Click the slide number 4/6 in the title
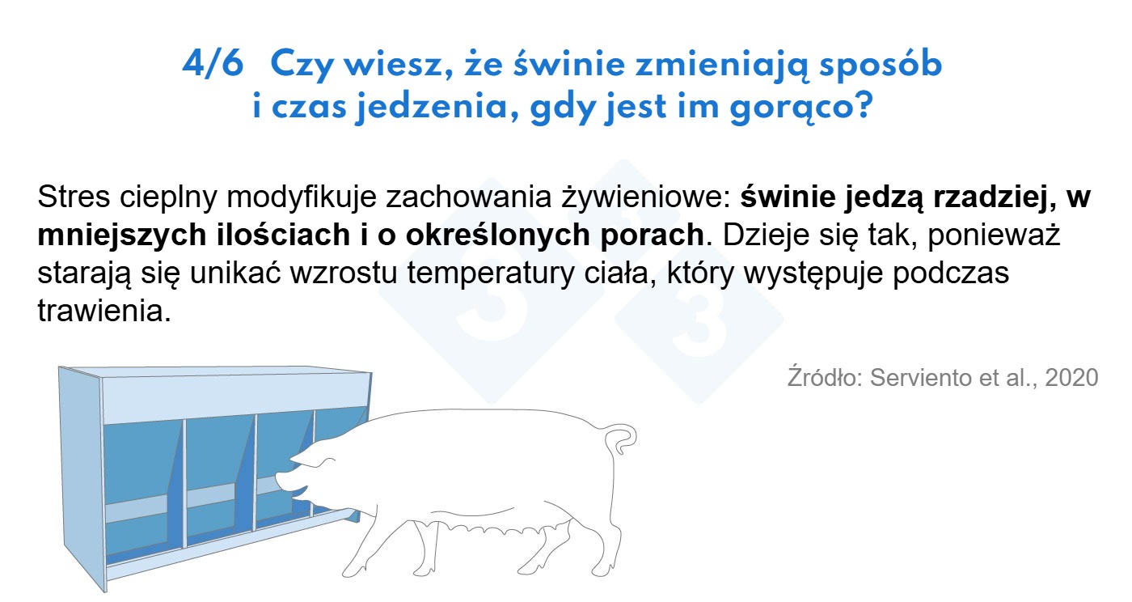[x=213, y=64]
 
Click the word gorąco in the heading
[x=793, y=108]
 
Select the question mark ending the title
[x=864, y=105]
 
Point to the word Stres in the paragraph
[x=74, y=197]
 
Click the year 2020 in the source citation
[x=1072, y=377]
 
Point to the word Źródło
[x=825, y=377]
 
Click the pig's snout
[x=282, y=481]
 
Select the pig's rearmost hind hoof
[x=602, y=571]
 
